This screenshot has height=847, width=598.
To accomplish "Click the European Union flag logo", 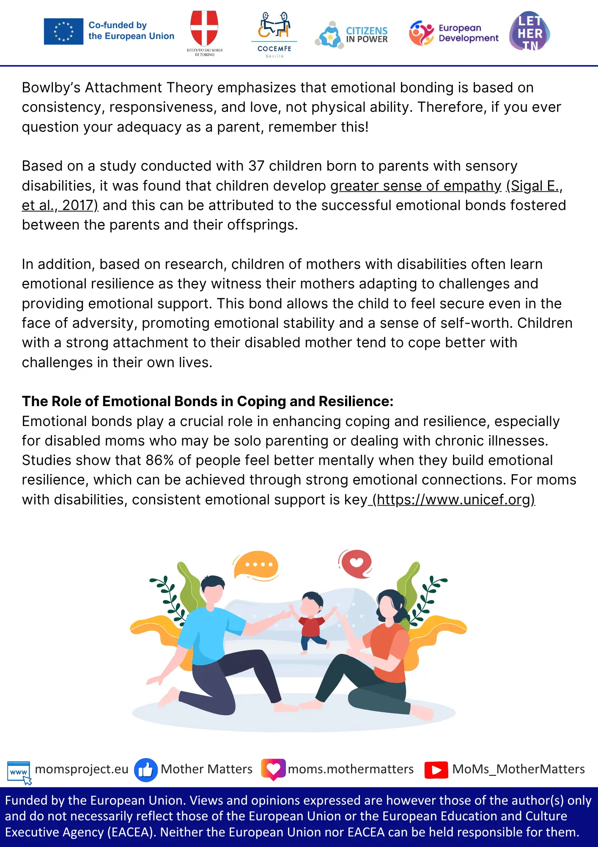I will [63, 31].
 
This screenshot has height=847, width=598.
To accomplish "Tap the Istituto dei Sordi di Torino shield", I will [204, 28].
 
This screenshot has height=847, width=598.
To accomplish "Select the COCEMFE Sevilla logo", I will [274, 34].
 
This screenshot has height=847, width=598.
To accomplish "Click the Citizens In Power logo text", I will [367, 35].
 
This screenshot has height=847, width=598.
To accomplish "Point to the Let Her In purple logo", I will [529, 31].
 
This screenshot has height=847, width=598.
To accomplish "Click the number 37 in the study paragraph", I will [256, 166].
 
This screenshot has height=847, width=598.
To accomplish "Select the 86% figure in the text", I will [159, 460].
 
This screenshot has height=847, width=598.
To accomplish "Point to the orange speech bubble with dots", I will [256, 565].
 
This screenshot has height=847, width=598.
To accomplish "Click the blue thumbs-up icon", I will [145, 769].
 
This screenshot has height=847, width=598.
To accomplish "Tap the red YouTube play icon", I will [436, 770].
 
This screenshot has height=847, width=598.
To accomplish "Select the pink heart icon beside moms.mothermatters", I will [273, 769].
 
